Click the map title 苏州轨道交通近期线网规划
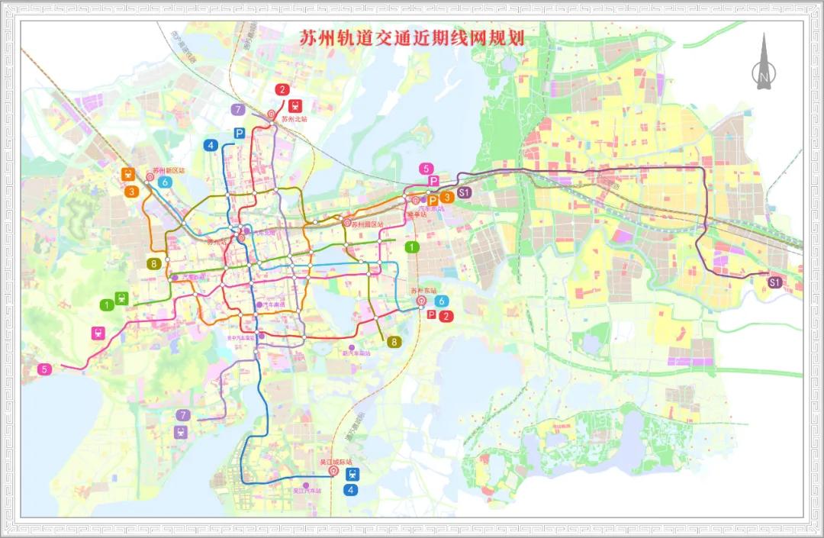point(404,38)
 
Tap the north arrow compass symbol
point(762,65)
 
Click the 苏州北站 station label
point(294,119)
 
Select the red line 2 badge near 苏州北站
point(283,90)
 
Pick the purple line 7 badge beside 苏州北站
point(239,110)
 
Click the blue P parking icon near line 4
point(239,134)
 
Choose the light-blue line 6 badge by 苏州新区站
point(165,182)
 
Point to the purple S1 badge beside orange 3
point(464,192)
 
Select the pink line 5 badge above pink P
point(426,169)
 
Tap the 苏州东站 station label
point(423,291)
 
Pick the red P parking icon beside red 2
point(432,314)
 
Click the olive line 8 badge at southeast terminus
point(394,341)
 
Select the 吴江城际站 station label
point(336,462)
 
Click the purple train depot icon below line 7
point(181,431)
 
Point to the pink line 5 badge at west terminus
point(45,369)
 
